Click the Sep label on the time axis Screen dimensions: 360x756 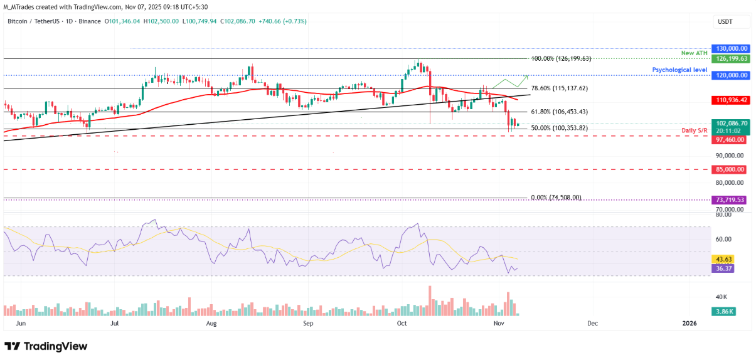(x=307, y=324)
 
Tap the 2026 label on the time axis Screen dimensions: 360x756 (x=689, y=324)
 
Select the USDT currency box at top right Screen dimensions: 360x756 (x=725, y=21)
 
